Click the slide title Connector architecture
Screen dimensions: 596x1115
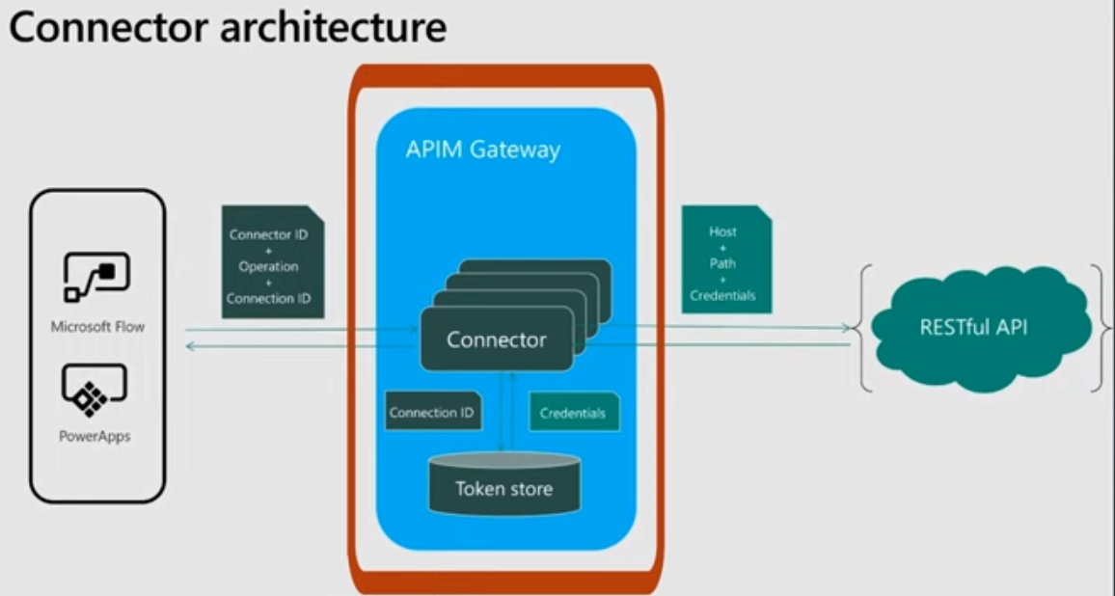click(x=228, y=28)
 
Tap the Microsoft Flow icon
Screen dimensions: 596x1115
click(x=97, y=278)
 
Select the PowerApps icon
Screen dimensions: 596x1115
click(x=96, y=389)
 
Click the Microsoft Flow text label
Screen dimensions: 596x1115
click(x=97, y=327)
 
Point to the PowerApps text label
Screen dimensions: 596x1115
click(x=95, y=436)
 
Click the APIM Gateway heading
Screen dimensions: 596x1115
click(x=482, y=150)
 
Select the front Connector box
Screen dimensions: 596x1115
click(x=496, y=339)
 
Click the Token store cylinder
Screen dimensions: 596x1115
click(x=504, y=484)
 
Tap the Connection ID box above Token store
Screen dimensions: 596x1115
click(x=431, y=413)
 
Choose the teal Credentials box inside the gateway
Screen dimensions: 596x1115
click(x=573, y=413)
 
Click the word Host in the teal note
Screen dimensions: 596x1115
click(x=722, y=231)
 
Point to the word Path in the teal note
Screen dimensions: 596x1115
click(x=722, y=263)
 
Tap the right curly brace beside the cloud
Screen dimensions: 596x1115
click(x=1101, y=327)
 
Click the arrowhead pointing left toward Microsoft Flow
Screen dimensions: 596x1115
click(x=189, y=344)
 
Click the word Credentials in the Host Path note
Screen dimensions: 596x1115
click(x=722, y=295)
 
